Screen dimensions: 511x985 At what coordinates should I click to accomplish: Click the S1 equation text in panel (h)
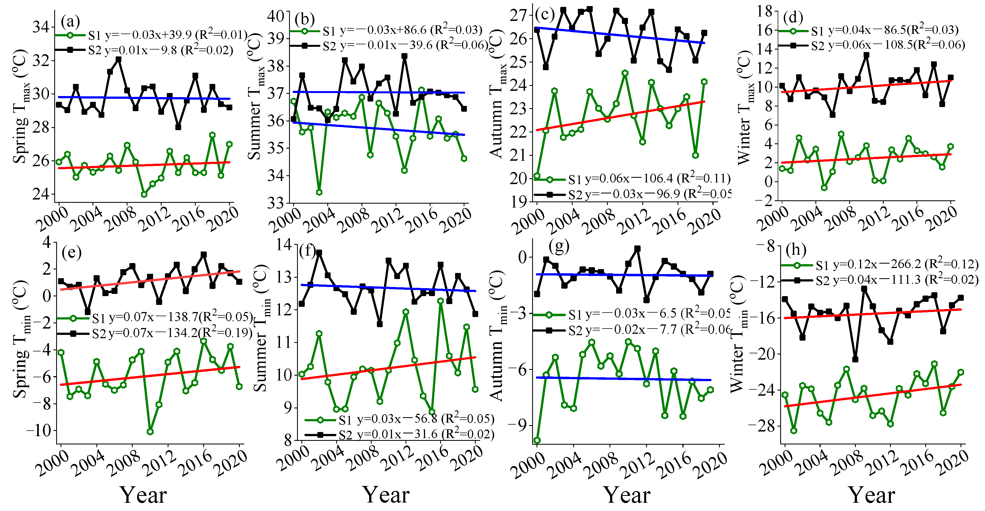[897, 264]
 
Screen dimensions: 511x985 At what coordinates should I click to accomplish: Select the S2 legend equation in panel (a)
[160, 50]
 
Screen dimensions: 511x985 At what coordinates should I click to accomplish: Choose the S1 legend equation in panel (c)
[649, 179]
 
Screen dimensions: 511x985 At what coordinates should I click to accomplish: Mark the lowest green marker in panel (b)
[319, 192]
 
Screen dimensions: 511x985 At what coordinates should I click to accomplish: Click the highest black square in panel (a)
[119, 60]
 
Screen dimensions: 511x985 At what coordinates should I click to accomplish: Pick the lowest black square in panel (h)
[855, 360]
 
